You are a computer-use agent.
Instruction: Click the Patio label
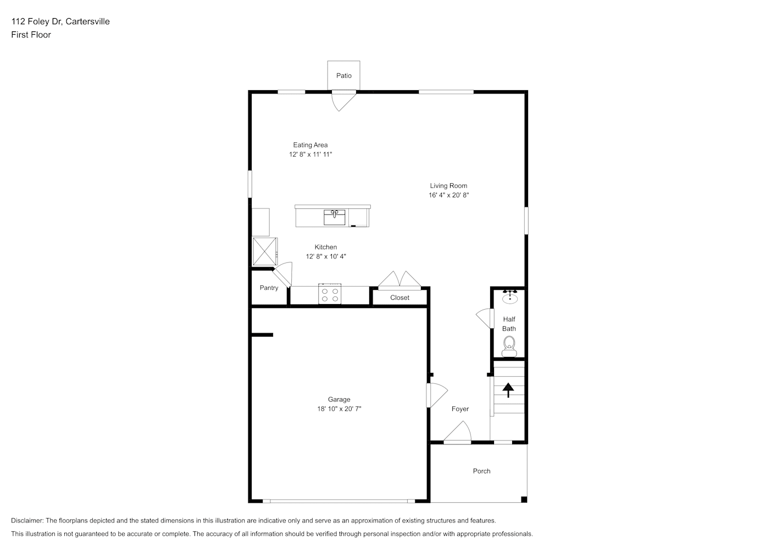pyautogui.click(x=344, y=76)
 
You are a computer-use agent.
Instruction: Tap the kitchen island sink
pyautogui.click(x=335, y=217)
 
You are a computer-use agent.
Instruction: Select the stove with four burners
pyautogui.click(x=330, y=294)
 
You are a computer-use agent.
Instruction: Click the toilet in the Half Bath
pyautogui.click(x=509, y=346)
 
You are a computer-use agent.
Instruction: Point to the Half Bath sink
pyautogui.click(x=510, y=297)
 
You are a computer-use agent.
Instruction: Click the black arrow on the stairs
pyautogui.click(x=508, y=390)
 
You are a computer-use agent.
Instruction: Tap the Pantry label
pyautogui.click(x=269, y=288)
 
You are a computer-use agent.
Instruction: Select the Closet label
pyautogui.click(x=399, y=298)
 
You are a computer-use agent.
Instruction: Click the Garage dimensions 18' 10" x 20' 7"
pyautogui.click(x=339, y=409)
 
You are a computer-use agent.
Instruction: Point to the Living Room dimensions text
pyautogui.click(x=448, y=195)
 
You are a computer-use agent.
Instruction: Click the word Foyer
pyautogui.click(x=460, y=409)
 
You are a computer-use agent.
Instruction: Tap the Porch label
pyautogui.click(x=481, y=471)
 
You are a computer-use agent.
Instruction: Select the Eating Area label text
pyautogui.click(x=310, y=145)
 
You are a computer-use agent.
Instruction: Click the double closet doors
pyautogui.click(x=399, y=279)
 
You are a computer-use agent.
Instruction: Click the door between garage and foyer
pyautogui.click(x=437, y=395)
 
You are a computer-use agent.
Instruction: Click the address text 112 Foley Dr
pyautogui.click(x=36, y=21)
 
